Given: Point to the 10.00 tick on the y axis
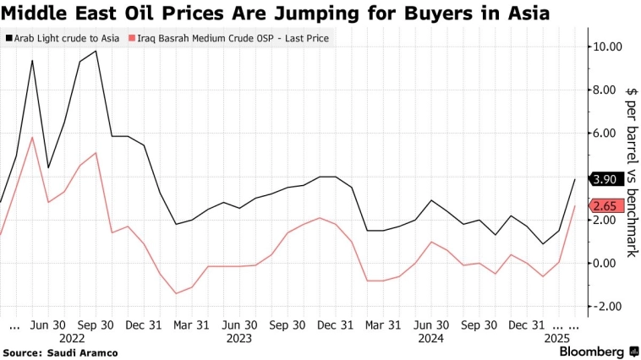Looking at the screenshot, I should [608, 46].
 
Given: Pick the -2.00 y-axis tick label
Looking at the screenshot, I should [608, 306].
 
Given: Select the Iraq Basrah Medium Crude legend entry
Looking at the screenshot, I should [229, 38].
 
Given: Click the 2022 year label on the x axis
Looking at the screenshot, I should [71, 338].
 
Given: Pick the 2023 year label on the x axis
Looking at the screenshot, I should [239, 338].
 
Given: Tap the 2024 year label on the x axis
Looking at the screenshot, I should [430, 338].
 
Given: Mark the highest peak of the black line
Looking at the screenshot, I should [96, 51].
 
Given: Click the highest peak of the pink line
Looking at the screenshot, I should [32, 138].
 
